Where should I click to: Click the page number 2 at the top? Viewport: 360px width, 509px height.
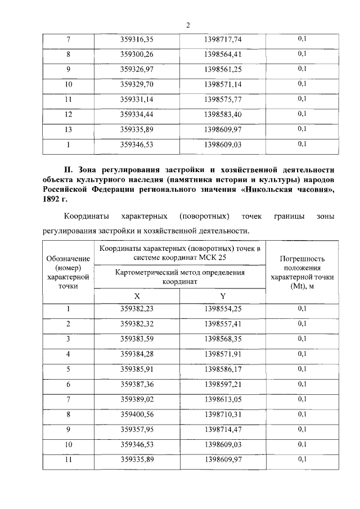click(x=188, y=25)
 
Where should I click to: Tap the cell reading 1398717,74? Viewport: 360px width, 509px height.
click(x=222, y=39)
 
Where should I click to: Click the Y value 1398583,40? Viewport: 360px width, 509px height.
click(x=222, y=114)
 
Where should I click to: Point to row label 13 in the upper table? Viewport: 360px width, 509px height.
click(x=68, y=129)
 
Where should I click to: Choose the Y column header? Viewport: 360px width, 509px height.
click(x=222, y=296)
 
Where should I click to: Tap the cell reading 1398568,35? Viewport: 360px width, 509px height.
click(x=222, y=339)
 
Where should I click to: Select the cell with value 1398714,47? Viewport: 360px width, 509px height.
click(x=222, y=429)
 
